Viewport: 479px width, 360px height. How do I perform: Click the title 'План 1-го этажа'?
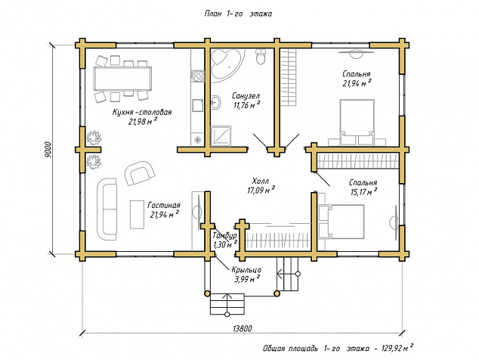[x=238, y=14]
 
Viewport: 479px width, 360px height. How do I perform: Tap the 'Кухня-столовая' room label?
[x=142, y=112]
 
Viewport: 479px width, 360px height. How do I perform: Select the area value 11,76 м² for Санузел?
[x=247, y=105]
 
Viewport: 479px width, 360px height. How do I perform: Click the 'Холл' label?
[x=261, y=181]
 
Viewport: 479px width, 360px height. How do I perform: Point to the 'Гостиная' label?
[x=164, y=205]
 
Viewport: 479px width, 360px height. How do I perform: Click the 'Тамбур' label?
[x=224, y=236]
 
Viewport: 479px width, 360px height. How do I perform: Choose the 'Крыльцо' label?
[x=246, y=270]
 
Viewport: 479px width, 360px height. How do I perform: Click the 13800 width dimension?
[x=243, y=329]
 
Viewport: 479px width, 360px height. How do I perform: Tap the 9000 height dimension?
[x=48, y=150]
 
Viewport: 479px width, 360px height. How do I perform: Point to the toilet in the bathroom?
[x=261, y=56]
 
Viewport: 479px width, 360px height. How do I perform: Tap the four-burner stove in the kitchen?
[x=198, y=76]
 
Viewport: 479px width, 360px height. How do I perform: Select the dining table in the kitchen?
[x=123, y=79]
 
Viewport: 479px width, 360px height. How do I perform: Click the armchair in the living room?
[x=140, y=173]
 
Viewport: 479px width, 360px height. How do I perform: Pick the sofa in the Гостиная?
[x=107, y=209]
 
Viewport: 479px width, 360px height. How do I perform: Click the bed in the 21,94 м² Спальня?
[x=357, y=122]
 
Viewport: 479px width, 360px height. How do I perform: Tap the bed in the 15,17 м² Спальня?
[x=341, y=222]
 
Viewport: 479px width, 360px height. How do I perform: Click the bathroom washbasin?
[x=216, y=101]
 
